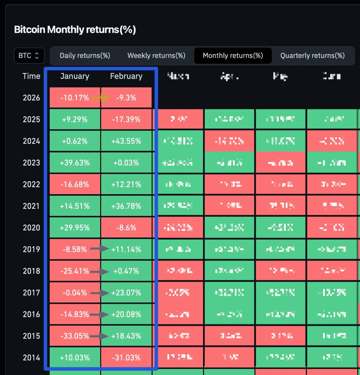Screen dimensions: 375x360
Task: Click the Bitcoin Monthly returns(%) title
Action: pyautogui.click(x=75, y=30)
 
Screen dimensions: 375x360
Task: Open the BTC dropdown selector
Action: pyautogui.click(x=29, y=56)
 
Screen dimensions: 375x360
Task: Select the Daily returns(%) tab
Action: pyautogui.click(x=85, y=56)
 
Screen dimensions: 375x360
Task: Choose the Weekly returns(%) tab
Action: pyautogui.click(x=156, y=56)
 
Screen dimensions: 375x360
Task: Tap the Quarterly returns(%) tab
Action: pyautogui.click(x=313, y=56)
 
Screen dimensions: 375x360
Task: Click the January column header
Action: pyautogui.click(x=75, y=77)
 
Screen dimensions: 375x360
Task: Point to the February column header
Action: pyautogui.click(x=126, y=77)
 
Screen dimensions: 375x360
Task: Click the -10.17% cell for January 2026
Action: pyautogui.click(x=75, y=98)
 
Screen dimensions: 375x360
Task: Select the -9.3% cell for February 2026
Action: pyautogui.click(x=127, y=98)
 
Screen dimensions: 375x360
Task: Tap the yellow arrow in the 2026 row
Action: pyautogui.click(x=101, y=98)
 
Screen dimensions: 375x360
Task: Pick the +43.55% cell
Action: pyautogui.click(x=126, y=141)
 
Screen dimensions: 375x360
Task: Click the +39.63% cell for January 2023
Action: pyautogui.click(x=75, y=163)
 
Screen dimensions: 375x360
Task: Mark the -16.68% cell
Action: pyautogui.click(x=75, y=184)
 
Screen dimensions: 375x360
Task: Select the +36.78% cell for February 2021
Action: pyautogui.click(x=126, y=206)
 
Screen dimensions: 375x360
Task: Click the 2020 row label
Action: pyautogui.click(x=31, y=228)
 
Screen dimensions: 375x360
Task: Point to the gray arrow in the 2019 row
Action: pyautogui.click(x=101, y=249)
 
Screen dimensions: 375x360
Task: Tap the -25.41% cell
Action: pyautogui.click(x=75, y=271)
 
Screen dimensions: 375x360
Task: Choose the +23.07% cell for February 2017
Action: pyautogui.click(x=126, y=293)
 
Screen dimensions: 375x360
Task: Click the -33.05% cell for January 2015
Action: pyautogui.click(x=75, y=336)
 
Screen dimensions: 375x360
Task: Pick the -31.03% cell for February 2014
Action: pyautogui.click(x=126, y=358)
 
